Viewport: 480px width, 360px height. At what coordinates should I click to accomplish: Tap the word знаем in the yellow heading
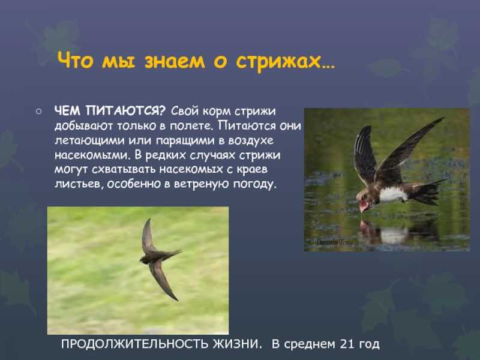click(x=175, y=61)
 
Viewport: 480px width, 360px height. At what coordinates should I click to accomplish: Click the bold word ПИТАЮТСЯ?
click(x=125, y=111)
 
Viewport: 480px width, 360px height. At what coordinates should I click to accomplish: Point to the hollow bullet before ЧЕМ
click(x=38, y=112)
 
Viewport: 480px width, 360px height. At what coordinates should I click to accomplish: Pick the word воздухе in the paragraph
click(x=250, y=141)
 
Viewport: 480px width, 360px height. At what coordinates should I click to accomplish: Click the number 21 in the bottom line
click(x=347, y=344)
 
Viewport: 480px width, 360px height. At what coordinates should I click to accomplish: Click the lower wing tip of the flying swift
click(x=176, y=299)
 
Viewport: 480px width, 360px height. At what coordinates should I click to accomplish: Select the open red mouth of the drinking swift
click(x=364, y=205)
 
